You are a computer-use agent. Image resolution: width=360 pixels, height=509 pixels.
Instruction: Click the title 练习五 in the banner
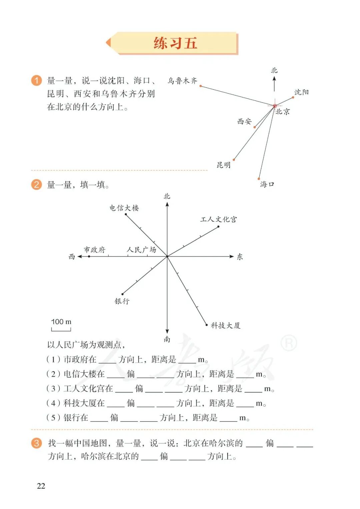175,43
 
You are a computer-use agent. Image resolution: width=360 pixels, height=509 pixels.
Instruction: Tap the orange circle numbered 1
36,80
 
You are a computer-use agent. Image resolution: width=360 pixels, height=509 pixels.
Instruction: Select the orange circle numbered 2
36,184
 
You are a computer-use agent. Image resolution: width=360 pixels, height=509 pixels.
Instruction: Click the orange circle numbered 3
36,443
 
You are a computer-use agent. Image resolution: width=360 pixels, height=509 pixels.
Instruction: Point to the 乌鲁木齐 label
182,81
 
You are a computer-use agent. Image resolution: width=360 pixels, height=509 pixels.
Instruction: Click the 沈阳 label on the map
301,92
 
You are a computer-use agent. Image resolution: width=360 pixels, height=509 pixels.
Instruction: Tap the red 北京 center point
275,106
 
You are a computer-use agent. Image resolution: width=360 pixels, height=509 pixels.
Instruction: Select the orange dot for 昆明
234,160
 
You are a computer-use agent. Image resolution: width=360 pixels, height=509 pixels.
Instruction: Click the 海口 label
267,184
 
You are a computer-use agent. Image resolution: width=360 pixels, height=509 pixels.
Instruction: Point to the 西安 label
244,122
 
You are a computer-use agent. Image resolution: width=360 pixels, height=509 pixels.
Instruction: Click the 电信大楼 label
124,208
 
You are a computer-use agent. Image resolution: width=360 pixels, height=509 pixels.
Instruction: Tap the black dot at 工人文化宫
218,227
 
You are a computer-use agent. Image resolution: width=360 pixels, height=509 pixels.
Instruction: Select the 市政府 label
94,250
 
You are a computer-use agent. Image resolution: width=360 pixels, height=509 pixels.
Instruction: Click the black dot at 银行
123,294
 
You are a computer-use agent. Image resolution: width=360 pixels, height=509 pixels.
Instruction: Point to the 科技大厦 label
225,325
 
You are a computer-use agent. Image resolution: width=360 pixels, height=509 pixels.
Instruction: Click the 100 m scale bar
61,329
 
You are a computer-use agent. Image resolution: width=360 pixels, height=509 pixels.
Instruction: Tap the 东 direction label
240,257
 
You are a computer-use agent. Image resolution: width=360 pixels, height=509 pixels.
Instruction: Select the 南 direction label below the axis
167,339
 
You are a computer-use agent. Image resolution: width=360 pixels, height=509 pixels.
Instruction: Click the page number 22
41,486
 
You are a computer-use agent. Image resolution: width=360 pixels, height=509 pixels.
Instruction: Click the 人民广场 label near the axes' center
141,250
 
